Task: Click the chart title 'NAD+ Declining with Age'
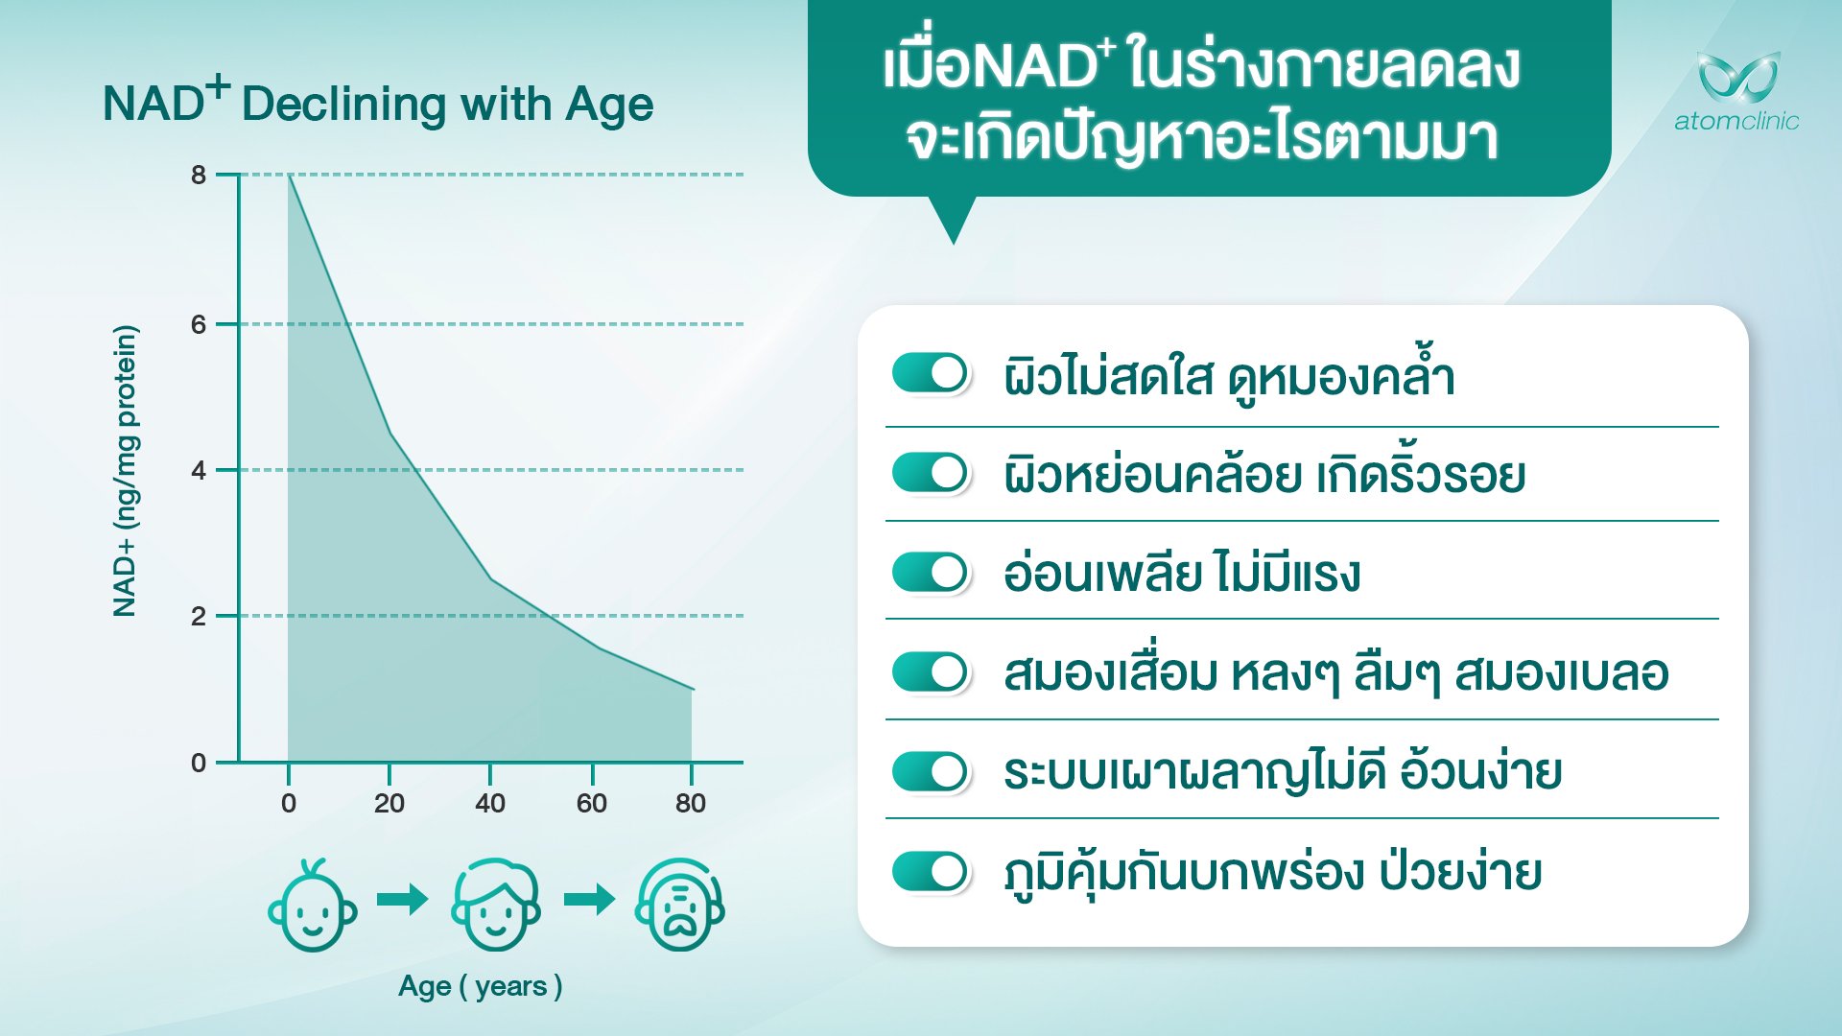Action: coord(378,102)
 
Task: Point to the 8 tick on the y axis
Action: coord(199,175)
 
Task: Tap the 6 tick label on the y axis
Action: coord(199,324)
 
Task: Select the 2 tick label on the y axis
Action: coord(199,616)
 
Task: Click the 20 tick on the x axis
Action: coord(390,803)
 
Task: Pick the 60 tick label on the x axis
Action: coord(592,803)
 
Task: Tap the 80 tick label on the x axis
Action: coord(691,803)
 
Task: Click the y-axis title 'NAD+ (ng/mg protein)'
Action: coord(126,470)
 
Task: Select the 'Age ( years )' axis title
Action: coord(481,986)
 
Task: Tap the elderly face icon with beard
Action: coord(680,905)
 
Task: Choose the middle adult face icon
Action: coord(496,905)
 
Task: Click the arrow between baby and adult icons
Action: coord(402,900)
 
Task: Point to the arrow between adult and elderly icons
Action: coord(589,900)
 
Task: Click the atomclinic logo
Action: coord(1737,90)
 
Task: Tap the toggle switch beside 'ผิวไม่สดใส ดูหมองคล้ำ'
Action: coord(931,373)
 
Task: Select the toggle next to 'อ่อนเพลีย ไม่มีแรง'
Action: coord(931,573)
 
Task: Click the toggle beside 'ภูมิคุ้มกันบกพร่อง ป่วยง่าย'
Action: coord(931,872)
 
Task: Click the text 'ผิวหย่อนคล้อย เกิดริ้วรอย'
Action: coord(1264,474)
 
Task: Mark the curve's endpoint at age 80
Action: coord(693,689)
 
